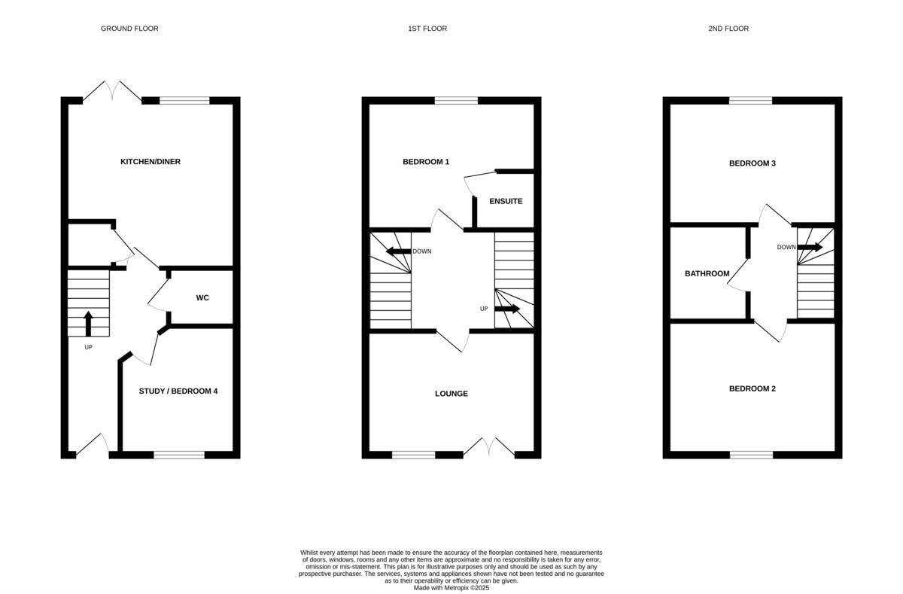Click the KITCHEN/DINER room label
pos(150,162)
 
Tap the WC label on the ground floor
pos(202,298)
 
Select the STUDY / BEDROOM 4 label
pos(178,391)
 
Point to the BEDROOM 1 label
pos(426,162)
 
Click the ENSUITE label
pos(506,202)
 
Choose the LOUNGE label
pos(451,394)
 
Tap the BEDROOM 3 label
pos(752,163)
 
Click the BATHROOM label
pos(707,273)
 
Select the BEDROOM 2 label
pos(752,388)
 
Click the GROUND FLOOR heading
pos(129,29)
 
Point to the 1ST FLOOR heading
pos(427,29)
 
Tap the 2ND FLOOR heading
pos(728,29)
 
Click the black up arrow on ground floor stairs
pos(88,323)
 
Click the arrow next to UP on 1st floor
pos(507,309)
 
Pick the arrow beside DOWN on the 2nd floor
pos(810,247)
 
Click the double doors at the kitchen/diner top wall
pos(111,92)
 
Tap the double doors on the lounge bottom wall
pos(489,447)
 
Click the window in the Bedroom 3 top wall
pos(750,100)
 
